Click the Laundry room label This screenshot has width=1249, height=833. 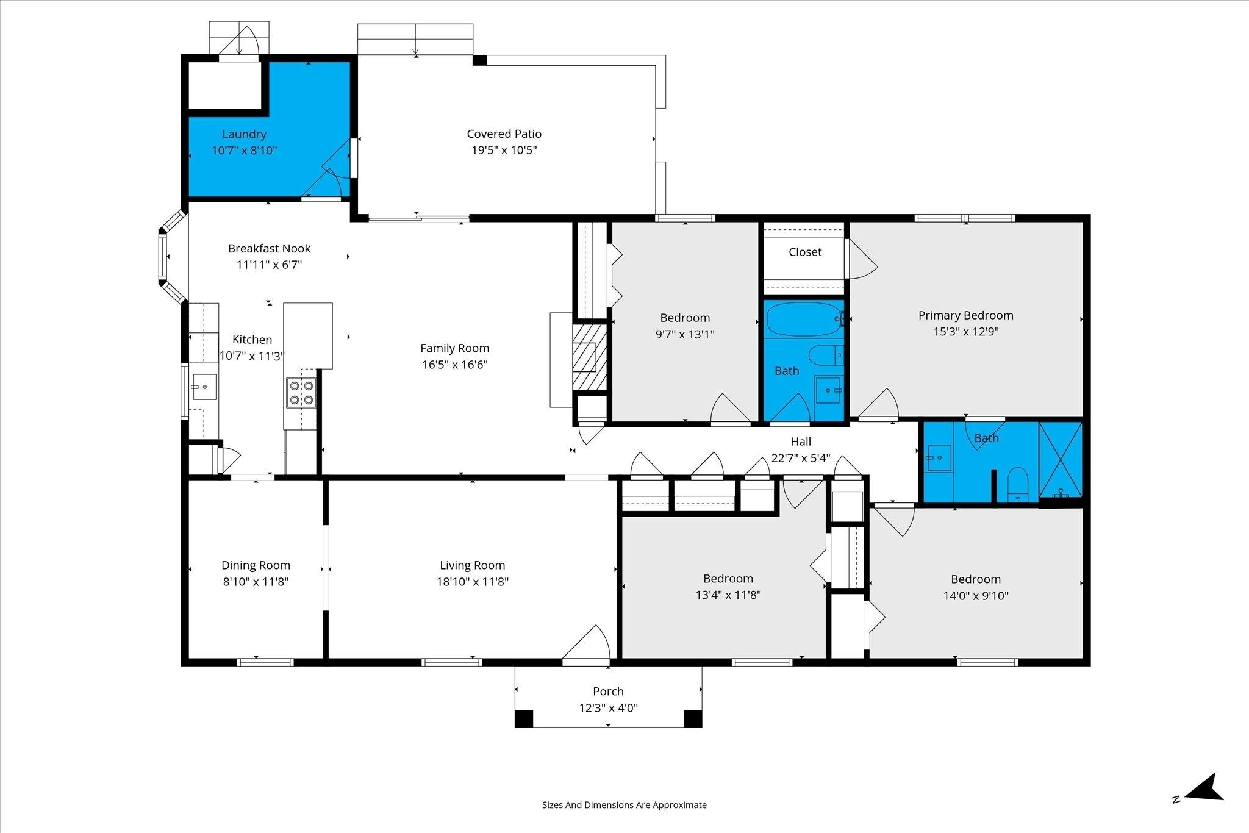click(244, 134)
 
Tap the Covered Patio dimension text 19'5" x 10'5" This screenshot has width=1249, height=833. click(504, 150)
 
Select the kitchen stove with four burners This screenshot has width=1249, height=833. click(301, 393)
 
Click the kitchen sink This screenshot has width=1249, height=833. click(204, 387)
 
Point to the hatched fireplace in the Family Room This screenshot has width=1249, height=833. click(590, 357)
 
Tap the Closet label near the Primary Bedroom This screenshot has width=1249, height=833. click(805, 252)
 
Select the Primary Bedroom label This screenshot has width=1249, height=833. click(965, 315)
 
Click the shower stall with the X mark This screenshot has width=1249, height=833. click(1061, 460)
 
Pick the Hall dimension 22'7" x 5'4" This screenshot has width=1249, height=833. click(801, 458)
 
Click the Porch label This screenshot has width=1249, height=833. click(608, 691)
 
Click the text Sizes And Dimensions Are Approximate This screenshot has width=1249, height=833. click(624, 805)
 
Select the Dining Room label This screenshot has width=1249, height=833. click(256, 565)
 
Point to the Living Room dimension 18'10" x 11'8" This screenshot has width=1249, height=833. click(473, 582)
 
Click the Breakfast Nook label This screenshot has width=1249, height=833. click(269, 248)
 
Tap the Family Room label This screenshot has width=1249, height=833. click(454, 348)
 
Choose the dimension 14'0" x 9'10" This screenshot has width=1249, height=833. click(976, 596)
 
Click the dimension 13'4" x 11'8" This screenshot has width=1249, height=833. click(728, 595)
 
